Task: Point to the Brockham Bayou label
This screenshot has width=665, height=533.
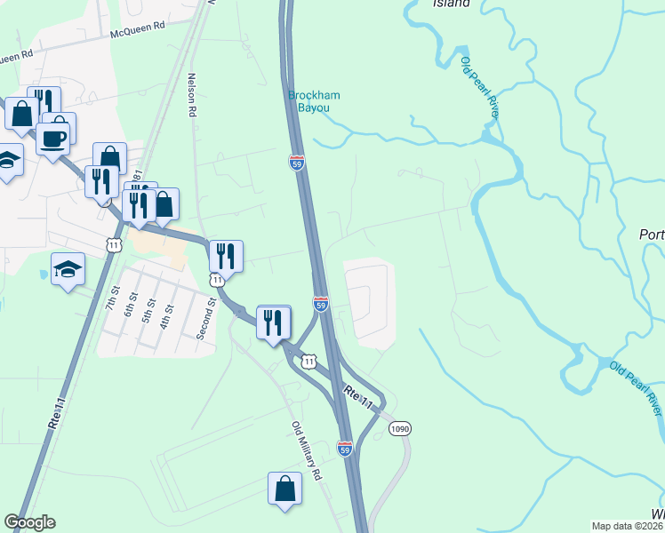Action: (308, 101)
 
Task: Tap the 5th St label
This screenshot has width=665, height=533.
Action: (147, 313)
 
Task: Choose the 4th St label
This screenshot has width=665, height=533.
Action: (164, 315)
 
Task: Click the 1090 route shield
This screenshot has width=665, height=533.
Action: (400, 428)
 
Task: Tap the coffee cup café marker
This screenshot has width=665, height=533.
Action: (53, 139)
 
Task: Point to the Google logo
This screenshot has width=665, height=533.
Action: (29, 522)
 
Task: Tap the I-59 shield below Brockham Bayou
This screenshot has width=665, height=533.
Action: (298, 163)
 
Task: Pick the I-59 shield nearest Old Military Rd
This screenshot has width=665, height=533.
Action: (346, 449)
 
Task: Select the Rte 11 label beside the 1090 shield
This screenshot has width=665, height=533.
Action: (360, 400)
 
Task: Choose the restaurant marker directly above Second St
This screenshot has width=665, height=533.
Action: (226, 257)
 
